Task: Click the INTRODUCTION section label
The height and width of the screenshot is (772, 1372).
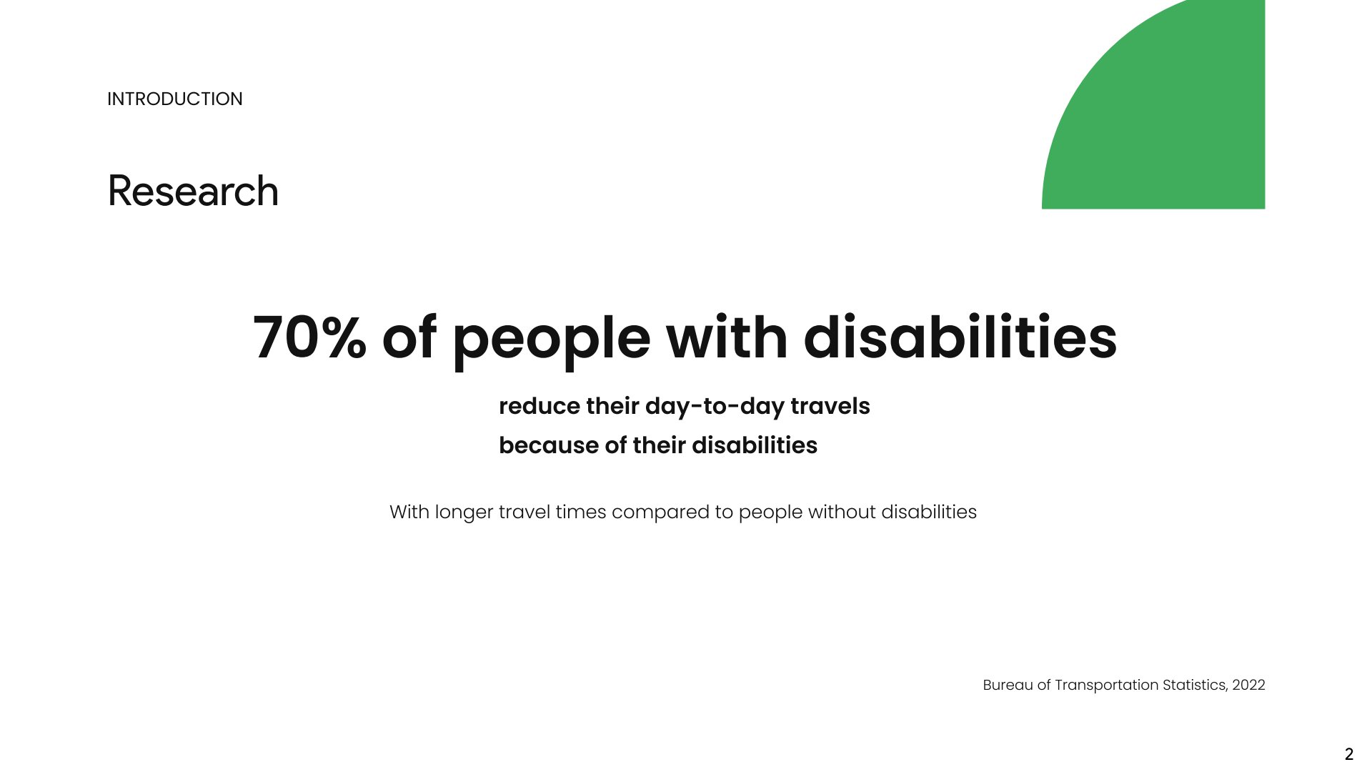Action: (175, 99)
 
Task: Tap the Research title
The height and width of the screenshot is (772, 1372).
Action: (193, 191)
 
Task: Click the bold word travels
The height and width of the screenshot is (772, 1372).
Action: (830, 406)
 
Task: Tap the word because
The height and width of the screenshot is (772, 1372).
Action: (549, 445)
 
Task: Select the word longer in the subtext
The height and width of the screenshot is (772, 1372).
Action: (464, 513)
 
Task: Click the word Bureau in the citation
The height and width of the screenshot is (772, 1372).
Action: (1008, 685)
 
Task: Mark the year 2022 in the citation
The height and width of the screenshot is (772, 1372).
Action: (1248, 685)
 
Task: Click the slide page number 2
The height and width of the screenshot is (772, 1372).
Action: (1349, 754)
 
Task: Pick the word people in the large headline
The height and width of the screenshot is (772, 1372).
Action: (551, 340)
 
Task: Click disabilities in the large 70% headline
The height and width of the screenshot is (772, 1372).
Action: (960, 337)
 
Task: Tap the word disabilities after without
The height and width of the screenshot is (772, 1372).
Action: (929, 512)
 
